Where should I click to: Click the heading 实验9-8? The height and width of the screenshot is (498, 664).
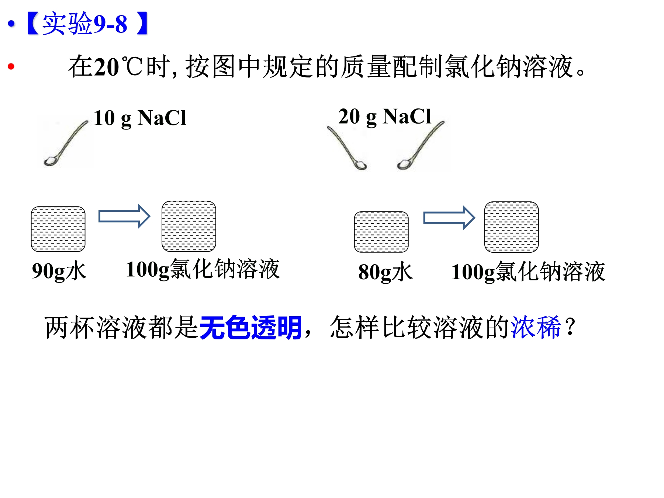[x=85, y=24]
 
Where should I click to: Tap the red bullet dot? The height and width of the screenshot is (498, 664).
[x=11, y=66]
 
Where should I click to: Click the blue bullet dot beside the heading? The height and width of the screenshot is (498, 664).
[x=11, y=24]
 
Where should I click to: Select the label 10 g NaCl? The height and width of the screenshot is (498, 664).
[x=140, y=118]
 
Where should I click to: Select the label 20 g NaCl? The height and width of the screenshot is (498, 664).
[x=385, y=117]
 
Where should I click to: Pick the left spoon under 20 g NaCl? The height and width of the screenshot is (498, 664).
[x=347, y=148]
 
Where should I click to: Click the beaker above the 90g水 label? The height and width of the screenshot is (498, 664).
[x=58, y=229]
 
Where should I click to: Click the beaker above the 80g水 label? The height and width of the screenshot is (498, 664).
[x=381, y=232]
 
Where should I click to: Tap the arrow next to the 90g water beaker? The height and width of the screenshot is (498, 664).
[x=124, y=216]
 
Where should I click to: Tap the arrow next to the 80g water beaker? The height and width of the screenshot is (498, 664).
[x=449, y=218]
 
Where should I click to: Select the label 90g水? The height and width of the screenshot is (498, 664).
[x=59, y=271]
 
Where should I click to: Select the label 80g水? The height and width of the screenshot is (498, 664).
[x=385, y=272]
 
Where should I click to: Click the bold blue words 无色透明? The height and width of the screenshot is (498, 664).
[x=250, y=328]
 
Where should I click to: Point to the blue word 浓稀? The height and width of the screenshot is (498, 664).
[x=536, y=327]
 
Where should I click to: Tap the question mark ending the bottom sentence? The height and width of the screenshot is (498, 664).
[x=570, y=327]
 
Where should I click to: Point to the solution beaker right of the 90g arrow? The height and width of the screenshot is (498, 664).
[x=189, y=226]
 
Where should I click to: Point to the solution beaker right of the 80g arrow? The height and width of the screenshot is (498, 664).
[x=512, y=227]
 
